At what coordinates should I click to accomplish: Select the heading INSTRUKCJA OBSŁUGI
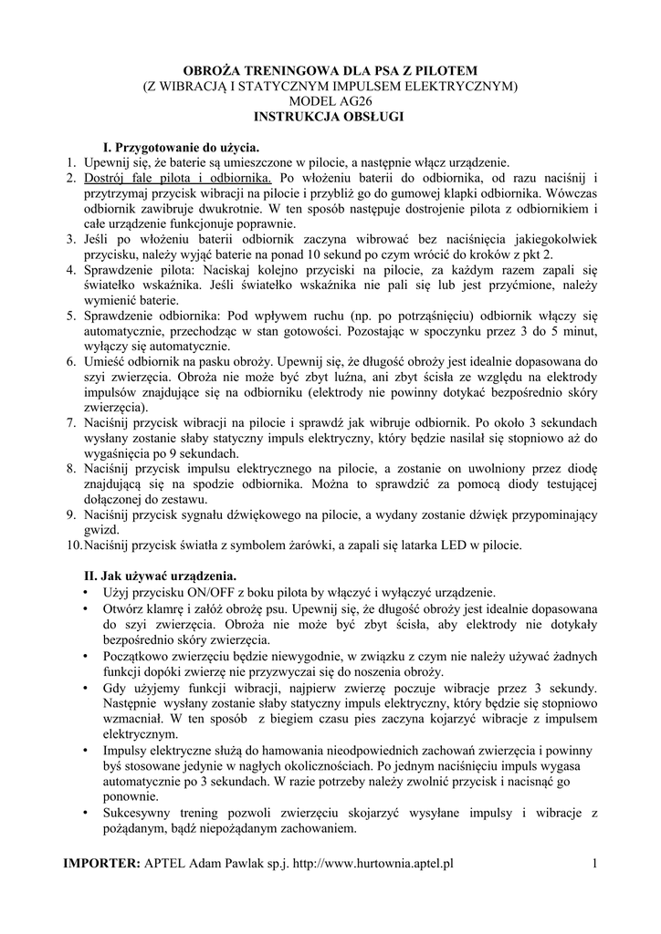(x=330, y=117)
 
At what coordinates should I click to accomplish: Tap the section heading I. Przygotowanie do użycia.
(x=181, y=146)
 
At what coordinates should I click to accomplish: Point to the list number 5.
(x=69, y=317)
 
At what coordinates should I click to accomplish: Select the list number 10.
(x=72, y=545)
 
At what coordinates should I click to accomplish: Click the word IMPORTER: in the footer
(x=100, y=863)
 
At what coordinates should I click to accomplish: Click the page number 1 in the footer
(x=593, y=863)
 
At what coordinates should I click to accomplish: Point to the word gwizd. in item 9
(x=101, y=530)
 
